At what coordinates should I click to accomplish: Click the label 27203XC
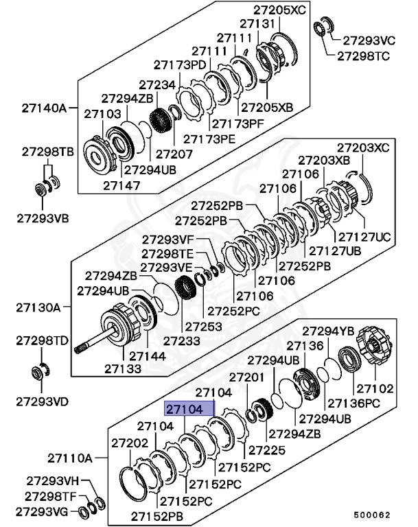362,147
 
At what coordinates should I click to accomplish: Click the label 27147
121,185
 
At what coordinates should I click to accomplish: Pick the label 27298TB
43,150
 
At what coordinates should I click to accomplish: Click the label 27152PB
158,515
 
